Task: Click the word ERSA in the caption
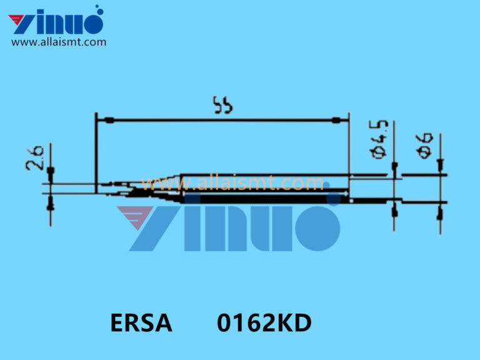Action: pos(141,324)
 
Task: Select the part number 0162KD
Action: pos(264,324)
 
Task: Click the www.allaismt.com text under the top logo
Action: pos(59,42)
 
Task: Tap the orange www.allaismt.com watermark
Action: pos(232,183)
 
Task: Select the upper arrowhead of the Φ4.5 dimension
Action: pos(394,167)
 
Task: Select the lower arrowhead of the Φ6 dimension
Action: pos(440,213)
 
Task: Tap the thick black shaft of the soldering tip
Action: pos(262,197)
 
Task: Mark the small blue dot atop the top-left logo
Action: pos(97,9)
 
